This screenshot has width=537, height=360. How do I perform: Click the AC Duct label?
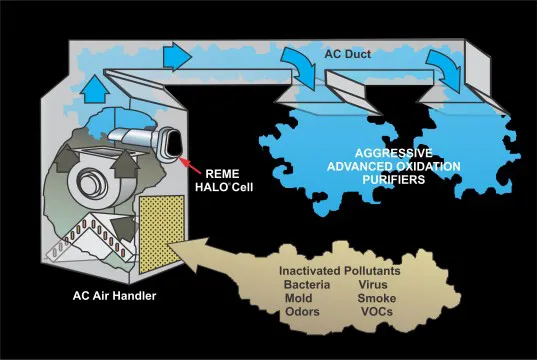pos(348,54)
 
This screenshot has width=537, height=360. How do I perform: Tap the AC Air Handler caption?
pos(114,296)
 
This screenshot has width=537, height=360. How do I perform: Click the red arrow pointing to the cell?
pos(190,165)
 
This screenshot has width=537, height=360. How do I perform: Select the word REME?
pos(222,174)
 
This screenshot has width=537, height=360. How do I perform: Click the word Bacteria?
pos(307,285)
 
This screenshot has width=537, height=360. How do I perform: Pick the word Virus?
pos(373,285)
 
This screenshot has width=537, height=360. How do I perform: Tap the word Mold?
pos(298,298)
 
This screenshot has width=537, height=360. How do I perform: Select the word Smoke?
pos(377,298)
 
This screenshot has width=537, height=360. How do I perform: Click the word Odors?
pos(302,312)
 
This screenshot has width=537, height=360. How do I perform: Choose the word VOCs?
pos(377,312)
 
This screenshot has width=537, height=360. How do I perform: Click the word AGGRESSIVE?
pos(394,153)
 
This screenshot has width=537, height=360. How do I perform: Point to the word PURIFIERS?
pos(394,179)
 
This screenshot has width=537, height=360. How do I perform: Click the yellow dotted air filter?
pos(162,234)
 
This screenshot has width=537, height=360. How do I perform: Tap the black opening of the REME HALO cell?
pos(174,144)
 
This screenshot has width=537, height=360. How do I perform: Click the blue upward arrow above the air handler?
pos(95,89)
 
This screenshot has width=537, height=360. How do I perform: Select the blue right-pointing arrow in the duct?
pos(177,57)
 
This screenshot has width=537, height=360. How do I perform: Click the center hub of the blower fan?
pos(87,179)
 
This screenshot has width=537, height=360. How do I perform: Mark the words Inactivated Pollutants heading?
pos(340,271)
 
